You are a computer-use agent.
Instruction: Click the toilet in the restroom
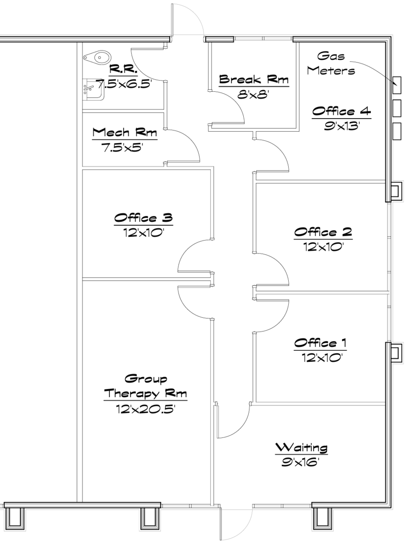[x=97, y=57]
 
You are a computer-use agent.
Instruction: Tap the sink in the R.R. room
[x=93, y=89]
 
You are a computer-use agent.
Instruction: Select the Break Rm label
[x=254, y=79]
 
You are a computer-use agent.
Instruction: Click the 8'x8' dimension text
[x=253, y=95]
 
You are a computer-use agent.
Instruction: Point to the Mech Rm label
[x=125, y=132]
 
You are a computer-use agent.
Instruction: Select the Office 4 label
[x=342, y=111]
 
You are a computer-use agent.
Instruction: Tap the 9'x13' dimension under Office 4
[x=342, y=126]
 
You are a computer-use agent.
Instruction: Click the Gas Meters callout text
[x=331, y=63]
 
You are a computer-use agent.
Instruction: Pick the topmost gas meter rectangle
[x=397, y=85]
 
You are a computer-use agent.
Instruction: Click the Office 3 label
[x=143, y=218]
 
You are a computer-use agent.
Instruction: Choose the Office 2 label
[x=323, y=232]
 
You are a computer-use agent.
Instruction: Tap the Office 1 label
[x=320, y=343]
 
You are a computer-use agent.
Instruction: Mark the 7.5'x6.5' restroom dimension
[x=124, y=84]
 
